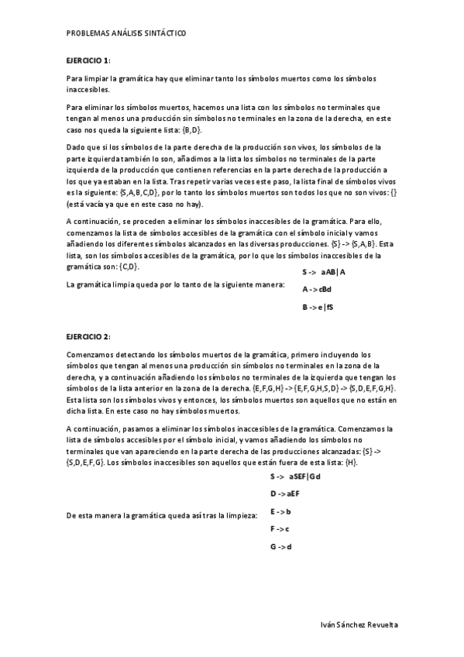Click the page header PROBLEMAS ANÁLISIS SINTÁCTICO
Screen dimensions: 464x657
click(126, 33)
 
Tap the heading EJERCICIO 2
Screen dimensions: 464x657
click(89, 337)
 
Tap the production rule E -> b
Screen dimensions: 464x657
click(280, 511)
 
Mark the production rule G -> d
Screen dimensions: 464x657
click(280, 547)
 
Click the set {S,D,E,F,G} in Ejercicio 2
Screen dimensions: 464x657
click(86, 463)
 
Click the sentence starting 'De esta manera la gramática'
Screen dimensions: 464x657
click(162, 514)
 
